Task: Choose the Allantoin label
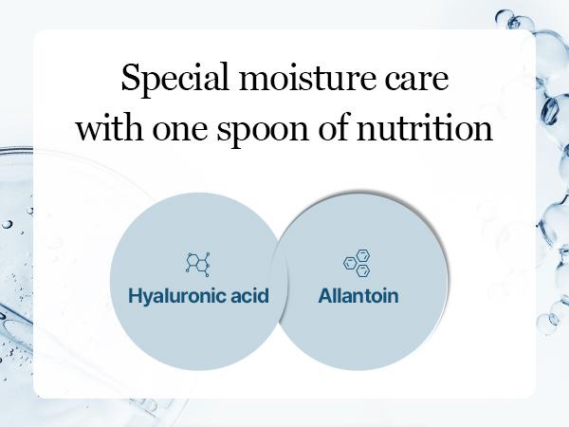tap(358, 295)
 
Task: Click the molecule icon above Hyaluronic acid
tap(198, 262)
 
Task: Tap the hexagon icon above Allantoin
tap(357, 262)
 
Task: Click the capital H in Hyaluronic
tap(135, 295)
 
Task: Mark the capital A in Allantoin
tap(323, 295)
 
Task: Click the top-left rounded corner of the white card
tap(39, 35)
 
